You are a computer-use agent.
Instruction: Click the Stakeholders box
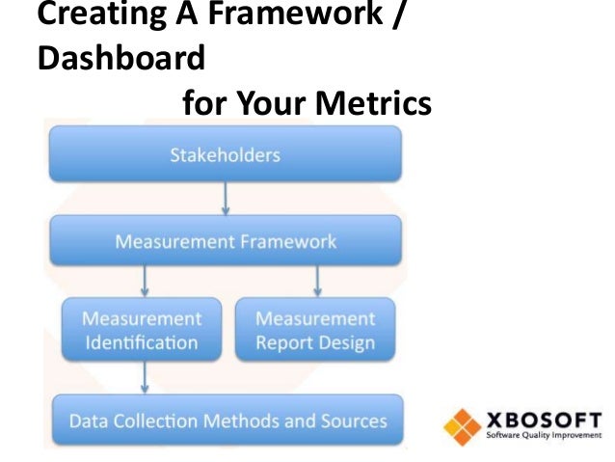pyautogui.click(x=226, y=154)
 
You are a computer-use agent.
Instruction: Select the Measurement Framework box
pyautogui.click(x=226, y=240)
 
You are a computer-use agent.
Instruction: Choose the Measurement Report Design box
pyautogui.click(x=315, y=330)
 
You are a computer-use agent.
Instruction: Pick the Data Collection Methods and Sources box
pyautogui.click(x=227, y=421)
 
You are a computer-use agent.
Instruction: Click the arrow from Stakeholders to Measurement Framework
pyautogui.click(x=226, y=198)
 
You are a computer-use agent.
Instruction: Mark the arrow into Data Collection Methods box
pyautogui.click(x=145, y=376)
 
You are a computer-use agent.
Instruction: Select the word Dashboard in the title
pyautogui.click(x=120, y=58)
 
